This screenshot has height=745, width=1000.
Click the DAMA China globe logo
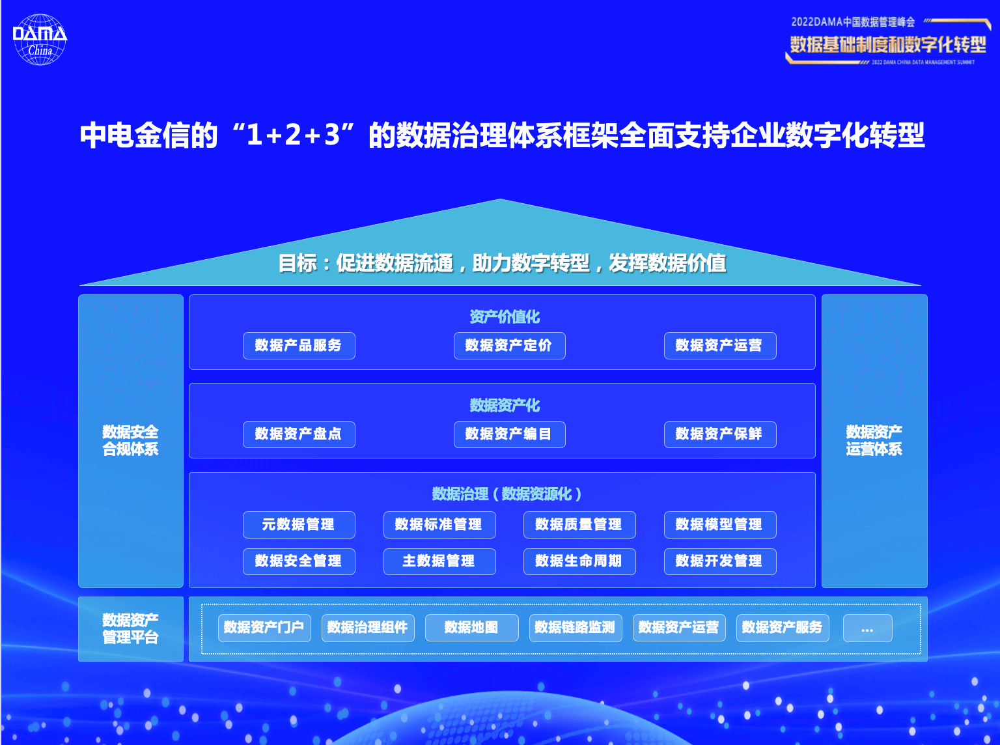(40, 39)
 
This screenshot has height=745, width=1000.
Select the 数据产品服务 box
(299, 345)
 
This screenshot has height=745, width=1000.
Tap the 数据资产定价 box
(510, 345)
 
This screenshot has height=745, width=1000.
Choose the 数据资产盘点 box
(299, 434)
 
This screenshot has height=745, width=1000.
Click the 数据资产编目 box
(510, 434)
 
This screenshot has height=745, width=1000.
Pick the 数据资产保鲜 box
(720, 434)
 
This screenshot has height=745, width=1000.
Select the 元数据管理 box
(299, 524)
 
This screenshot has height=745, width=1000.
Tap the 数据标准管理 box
(439, 524)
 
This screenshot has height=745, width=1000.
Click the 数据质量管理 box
(579, 524)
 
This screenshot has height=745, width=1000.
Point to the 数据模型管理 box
(720, 524)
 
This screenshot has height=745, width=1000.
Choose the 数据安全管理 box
(299, 561)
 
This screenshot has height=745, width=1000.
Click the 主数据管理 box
(439, 561)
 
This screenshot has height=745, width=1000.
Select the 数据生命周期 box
(579, 561)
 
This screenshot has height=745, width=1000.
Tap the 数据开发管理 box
(720, 561)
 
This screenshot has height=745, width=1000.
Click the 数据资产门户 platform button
(264, 628)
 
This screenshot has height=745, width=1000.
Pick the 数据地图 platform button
(471, 628)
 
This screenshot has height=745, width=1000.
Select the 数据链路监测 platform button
(576, 628)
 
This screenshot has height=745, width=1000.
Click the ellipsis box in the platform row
(867, 628)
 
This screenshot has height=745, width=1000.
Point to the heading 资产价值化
(505, 316)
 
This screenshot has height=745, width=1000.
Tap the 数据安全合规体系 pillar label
(130, 440)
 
